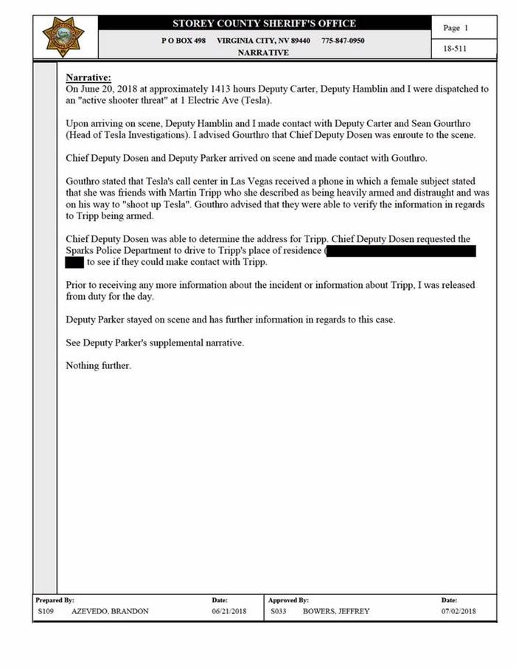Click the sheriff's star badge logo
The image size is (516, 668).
tap(64, 36)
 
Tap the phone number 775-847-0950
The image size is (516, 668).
tap(342, 40)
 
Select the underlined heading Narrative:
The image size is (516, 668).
tap(88, 78)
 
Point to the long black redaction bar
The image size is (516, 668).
tap(401, 252)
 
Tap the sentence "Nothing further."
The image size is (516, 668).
tap(98, 366)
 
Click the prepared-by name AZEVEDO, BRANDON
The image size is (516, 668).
tap(110, 611)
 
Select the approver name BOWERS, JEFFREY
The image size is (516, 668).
tap(336, 611)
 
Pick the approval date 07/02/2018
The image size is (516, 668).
tap(459, 611)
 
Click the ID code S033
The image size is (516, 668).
tap(278, 611)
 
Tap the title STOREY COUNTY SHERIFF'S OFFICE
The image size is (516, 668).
tap(264, 23)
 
